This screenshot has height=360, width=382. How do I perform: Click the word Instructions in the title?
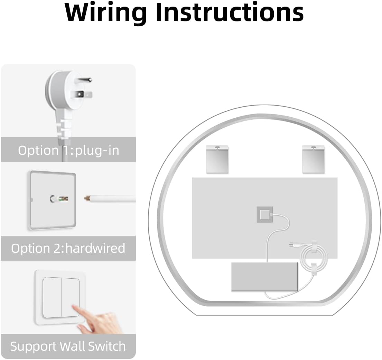(229, 12)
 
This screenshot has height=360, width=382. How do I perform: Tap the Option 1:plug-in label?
(68, 150)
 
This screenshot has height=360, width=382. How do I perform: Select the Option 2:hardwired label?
(68, 248)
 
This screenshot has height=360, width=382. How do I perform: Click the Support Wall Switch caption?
(68, 346)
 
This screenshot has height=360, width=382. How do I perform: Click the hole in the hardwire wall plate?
(54, 199)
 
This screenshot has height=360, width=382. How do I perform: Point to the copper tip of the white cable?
(87, 199)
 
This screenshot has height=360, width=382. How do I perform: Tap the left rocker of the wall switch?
(52, 297)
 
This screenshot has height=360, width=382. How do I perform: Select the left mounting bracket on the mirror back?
(217, 159)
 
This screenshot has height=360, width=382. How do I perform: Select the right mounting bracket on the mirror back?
(313, 159)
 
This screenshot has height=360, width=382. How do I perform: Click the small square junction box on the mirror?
(264, 215)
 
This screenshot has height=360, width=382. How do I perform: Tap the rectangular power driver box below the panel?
(264, 276)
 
